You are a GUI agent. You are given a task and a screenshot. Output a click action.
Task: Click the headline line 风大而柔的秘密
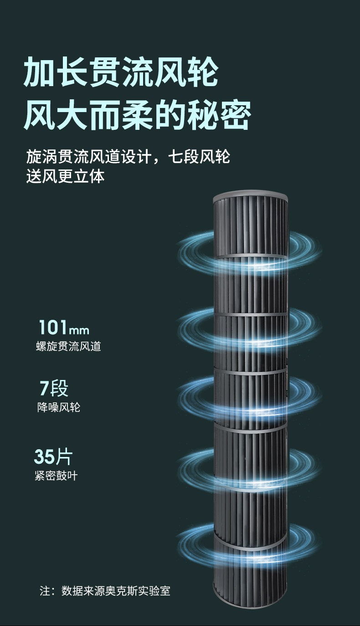click(137, 115)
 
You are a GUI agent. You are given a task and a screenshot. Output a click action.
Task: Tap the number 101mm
click(64, 328)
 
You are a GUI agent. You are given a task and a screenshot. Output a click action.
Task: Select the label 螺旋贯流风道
click(68, 346)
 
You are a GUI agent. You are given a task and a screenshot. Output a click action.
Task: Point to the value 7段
click(54, 389)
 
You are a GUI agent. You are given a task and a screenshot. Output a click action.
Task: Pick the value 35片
click(53, 457)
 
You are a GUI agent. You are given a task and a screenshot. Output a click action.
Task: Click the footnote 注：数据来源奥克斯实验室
click(105, 591)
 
